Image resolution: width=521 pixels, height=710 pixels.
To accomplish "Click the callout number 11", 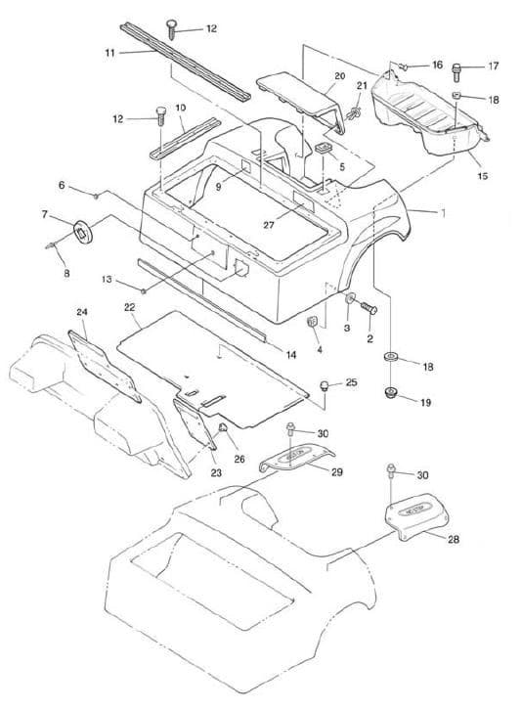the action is point(110,53).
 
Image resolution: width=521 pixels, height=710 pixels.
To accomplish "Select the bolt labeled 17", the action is point(456,72).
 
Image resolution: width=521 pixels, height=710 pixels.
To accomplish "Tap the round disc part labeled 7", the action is point(83,230).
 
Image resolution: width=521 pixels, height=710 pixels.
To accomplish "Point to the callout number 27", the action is point(269,224).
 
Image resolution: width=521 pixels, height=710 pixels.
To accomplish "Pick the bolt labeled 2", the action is point(369,309).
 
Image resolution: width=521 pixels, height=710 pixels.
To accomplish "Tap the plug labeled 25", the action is point(325,385).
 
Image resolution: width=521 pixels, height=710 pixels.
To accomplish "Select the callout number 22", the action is point(129,307).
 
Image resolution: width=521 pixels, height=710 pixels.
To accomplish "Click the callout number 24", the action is point(82,312).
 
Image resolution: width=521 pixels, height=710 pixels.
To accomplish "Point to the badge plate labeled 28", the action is point(417,516).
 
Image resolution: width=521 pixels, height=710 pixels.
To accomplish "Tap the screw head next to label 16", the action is point(404,67).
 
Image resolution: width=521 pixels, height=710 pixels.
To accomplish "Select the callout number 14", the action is point(291,355).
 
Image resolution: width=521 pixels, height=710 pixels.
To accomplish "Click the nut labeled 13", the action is point(144,290).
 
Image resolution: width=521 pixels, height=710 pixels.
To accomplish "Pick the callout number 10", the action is point(181,108).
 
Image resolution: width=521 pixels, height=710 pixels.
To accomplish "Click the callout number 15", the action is point(483,175).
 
